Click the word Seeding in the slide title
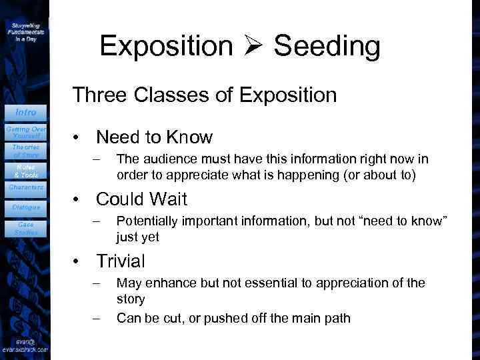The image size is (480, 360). [x=327, y=46]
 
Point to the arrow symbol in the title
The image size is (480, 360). [x=253, y=47]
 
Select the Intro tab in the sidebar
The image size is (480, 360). [x=26, y=112]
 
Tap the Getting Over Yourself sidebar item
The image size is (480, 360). [x=26, y=132]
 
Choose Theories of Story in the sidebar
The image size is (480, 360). [x=26, y=151]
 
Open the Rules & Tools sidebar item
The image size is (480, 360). [x=26, y=171]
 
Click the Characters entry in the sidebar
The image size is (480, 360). [x=26, y=187]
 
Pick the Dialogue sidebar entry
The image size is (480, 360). [x=26, y=207]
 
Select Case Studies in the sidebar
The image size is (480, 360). [x=26, y=228]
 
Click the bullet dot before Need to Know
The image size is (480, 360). [x=78, y=138]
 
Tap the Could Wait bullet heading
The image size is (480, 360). [x=141, y=199]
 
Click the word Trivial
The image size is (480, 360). [x=121, y=260]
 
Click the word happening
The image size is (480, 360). [x=339, y=175]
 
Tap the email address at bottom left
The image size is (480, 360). [x=25, y=348]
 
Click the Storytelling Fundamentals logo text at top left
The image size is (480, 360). [x=26, y=31]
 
